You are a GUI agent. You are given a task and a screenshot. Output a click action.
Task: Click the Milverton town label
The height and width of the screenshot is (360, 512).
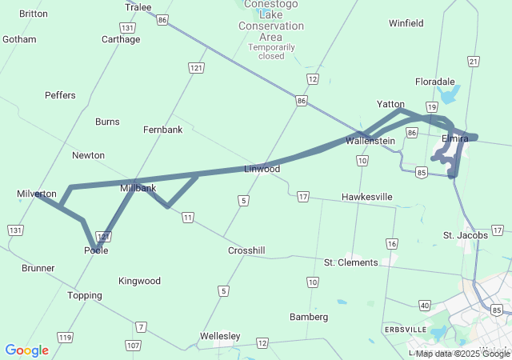pos(37,194)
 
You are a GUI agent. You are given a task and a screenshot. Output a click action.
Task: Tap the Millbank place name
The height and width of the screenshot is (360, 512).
pos(137,188)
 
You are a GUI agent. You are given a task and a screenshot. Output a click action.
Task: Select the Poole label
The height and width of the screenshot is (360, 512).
pos(96,250)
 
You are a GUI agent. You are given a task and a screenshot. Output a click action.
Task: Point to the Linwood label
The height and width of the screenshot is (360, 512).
pos(262,169)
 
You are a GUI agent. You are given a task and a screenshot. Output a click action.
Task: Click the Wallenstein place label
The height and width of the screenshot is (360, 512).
pos(370,141)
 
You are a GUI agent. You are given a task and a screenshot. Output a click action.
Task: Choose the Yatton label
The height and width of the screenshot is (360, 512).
pos(390,104)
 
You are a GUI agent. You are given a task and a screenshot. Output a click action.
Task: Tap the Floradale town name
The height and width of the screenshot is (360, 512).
pos(435,82)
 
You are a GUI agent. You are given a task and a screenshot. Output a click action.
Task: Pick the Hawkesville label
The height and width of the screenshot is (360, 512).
pos(367,196)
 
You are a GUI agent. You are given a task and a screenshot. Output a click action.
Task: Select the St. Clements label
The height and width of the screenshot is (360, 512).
pos(350,262)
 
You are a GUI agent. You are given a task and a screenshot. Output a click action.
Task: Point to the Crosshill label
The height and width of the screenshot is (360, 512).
pos(246,250)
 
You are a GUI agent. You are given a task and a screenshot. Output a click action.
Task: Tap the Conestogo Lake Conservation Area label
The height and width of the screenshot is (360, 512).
pos(271,26)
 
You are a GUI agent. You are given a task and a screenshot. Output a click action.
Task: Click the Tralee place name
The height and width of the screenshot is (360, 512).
pos(138,7)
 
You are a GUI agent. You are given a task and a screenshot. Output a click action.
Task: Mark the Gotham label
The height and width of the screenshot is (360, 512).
pos(20,38)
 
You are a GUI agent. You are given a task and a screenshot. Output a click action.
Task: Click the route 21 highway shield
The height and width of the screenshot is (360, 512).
pos(474,62)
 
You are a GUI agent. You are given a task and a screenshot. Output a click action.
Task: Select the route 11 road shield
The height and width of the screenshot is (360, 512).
pos(187,217)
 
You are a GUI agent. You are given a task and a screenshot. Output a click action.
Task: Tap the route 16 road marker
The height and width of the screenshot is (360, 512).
pos(391,243)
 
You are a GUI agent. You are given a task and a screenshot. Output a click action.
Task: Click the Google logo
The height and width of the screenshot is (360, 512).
pos(26,350)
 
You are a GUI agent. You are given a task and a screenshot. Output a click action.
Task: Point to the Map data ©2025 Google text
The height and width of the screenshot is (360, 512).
pos(462,354)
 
